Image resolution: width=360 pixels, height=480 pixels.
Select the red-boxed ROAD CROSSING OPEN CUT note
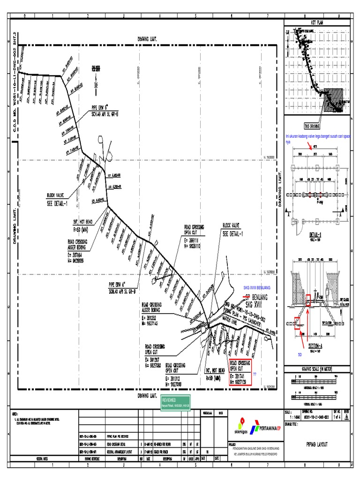pyautogui.click(x=240, y=373)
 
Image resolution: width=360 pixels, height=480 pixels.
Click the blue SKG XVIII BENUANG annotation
pyautogui.click(x=257, y=287)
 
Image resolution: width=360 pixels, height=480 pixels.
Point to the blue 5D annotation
pyautogui.click(x=300, y=355)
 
